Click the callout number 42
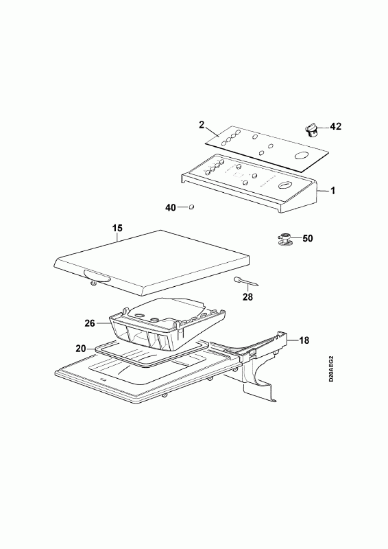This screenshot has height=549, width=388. pos(335,126)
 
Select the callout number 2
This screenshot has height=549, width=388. pos(202,125)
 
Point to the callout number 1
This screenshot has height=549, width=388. pos(332,191)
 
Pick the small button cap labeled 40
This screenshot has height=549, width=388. pos(191,207)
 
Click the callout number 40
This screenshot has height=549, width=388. pos(171,208)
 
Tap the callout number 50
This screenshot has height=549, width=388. pos(308,238)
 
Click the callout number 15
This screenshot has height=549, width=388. pos(117,229)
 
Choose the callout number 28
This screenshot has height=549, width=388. pos(247,297)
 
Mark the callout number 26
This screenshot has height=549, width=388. pos(90,323)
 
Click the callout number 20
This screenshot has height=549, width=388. pos(81,349)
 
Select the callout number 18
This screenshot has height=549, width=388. pos(304,340)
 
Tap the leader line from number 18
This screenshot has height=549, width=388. pos(293,340)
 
